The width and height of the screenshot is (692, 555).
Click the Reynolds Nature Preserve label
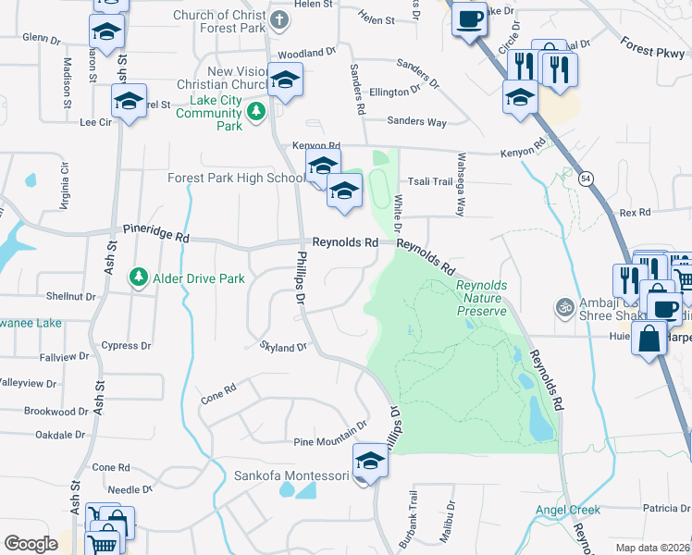pos(481,298)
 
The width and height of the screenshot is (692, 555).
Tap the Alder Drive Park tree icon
pos(139,277)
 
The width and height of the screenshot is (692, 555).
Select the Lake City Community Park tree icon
pos(256,113)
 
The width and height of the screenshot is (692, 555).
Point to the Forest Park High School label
pos(236,179)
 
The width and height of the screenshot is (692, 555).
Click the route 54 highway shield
pos(587,178)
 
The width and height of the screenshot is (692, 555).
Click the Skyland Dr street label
pos(284,346)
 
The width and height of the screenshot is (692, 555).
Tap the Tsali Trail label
pos(430,181)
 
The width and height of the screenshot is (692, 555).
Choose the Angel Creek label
pos(567,510)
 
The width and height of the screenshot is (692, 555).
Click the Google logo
pos(31,544)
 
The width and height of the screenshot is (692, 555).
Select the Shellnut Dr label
pos(71,296)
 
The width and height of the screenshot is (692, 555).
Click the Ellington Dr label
pos(401,92)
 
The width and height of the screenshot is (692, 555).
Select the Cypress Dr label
pos(127,346)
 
